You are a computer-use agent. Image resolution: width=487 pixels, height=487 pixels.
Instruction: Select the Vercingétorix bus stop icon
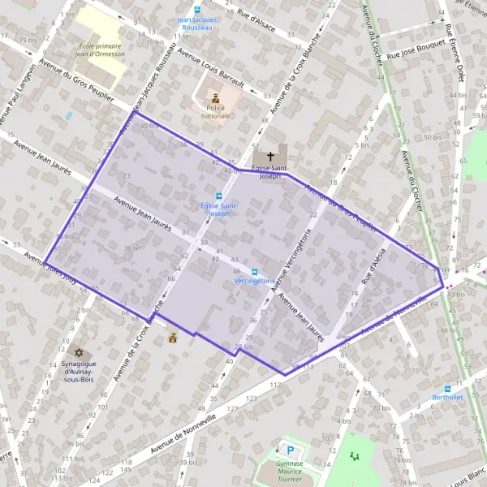[254, 272]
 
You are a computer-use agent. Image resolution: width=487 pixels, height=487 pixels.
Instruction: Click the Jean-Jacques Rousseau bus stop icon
[196, 9]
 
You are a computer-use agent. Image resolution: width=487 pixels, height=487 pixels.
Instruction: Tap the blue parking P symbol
[288, 449]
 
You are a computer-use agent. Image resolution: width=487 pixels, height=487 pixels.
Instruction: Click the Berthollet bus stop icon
[447, 389]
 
